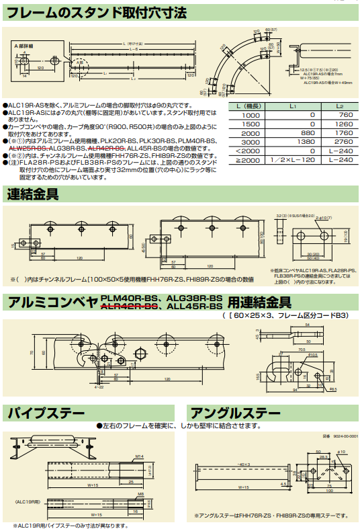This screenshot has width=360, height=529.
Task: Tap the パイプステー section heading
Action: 46,412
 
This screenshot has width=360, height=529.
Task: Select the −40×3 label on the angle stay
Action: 243,464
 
